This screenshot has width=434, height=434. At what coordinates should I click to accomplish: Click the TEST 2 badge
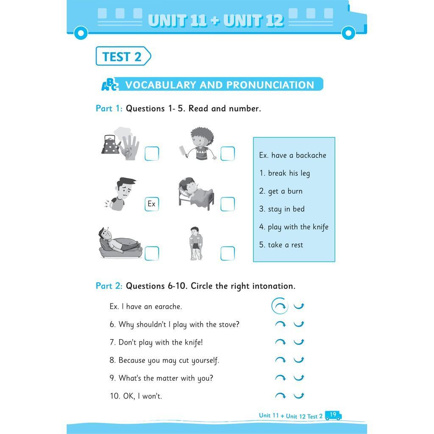click(123, 56)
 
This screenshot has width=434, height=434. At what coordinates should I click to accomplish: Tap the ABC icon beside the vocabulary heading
click(110, 84)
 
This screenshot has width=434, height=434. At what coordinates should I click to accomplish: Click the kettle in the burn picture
click(110, 145)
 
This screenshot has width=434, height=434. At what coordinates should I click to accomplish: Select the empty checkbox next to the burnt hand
click(152, 153)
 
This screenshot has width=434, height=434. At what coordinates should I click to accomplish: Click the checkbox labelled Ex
click(152, 204)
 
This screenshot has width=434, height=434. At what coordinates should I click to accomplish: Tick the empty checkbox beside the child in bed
click(228, 204)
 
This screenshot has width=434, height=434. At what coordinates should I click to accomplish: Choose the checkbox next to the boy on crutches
click(228, 253)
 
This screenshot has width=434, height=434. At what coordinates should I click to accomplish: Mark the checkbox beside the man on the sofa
click(152, 253)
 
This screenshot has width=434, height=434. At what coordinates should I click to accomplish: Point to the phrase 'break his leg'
click(289, 173)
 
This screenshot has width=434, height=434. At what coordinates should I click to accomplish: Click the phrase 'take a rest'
click(285, 245)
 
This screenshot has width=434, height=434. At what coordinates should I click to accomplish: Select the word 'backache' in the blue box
click(311, 155)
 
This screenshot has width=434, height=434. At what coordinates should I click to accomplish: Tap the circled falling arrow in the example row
click(280, 306)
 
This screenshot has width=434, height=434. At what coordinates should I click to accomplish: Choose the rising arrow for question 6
click(299, 324)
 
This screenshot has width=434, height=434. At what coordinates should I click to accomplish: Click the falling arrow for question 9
click(280, 378)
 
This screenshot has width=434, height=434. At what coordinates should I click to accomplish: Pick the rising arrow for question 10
click(299, 395)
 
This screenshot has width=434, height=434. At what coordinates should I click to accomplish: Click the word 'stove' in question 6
click(229, 324)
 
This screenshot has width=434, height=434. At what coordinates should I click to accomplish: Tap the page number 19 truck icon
click(333, 415)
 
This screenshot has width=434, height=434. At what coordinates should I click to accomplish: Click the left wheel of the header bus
click(81, 33)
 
